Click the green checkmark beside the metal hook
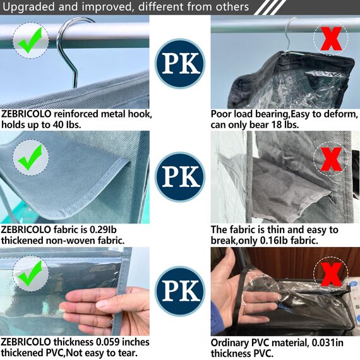(30, 40)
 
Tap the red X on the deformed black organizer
(331, 39)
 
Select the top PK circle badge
(180, 64)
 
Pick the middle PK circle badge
(180, 177)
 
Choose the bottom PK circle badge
(180, 291)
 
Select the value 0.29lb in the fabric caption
(104, 230)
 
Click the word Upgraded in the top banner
(29, 7)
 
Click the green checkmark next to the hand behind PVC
(30, 273)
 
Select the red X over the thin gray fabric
(331, 159)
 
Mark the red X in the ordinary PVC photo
(331, 274)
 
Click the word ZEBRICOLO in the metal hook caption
(26, 114)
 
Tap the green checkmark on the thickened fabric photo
(30, 157)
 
